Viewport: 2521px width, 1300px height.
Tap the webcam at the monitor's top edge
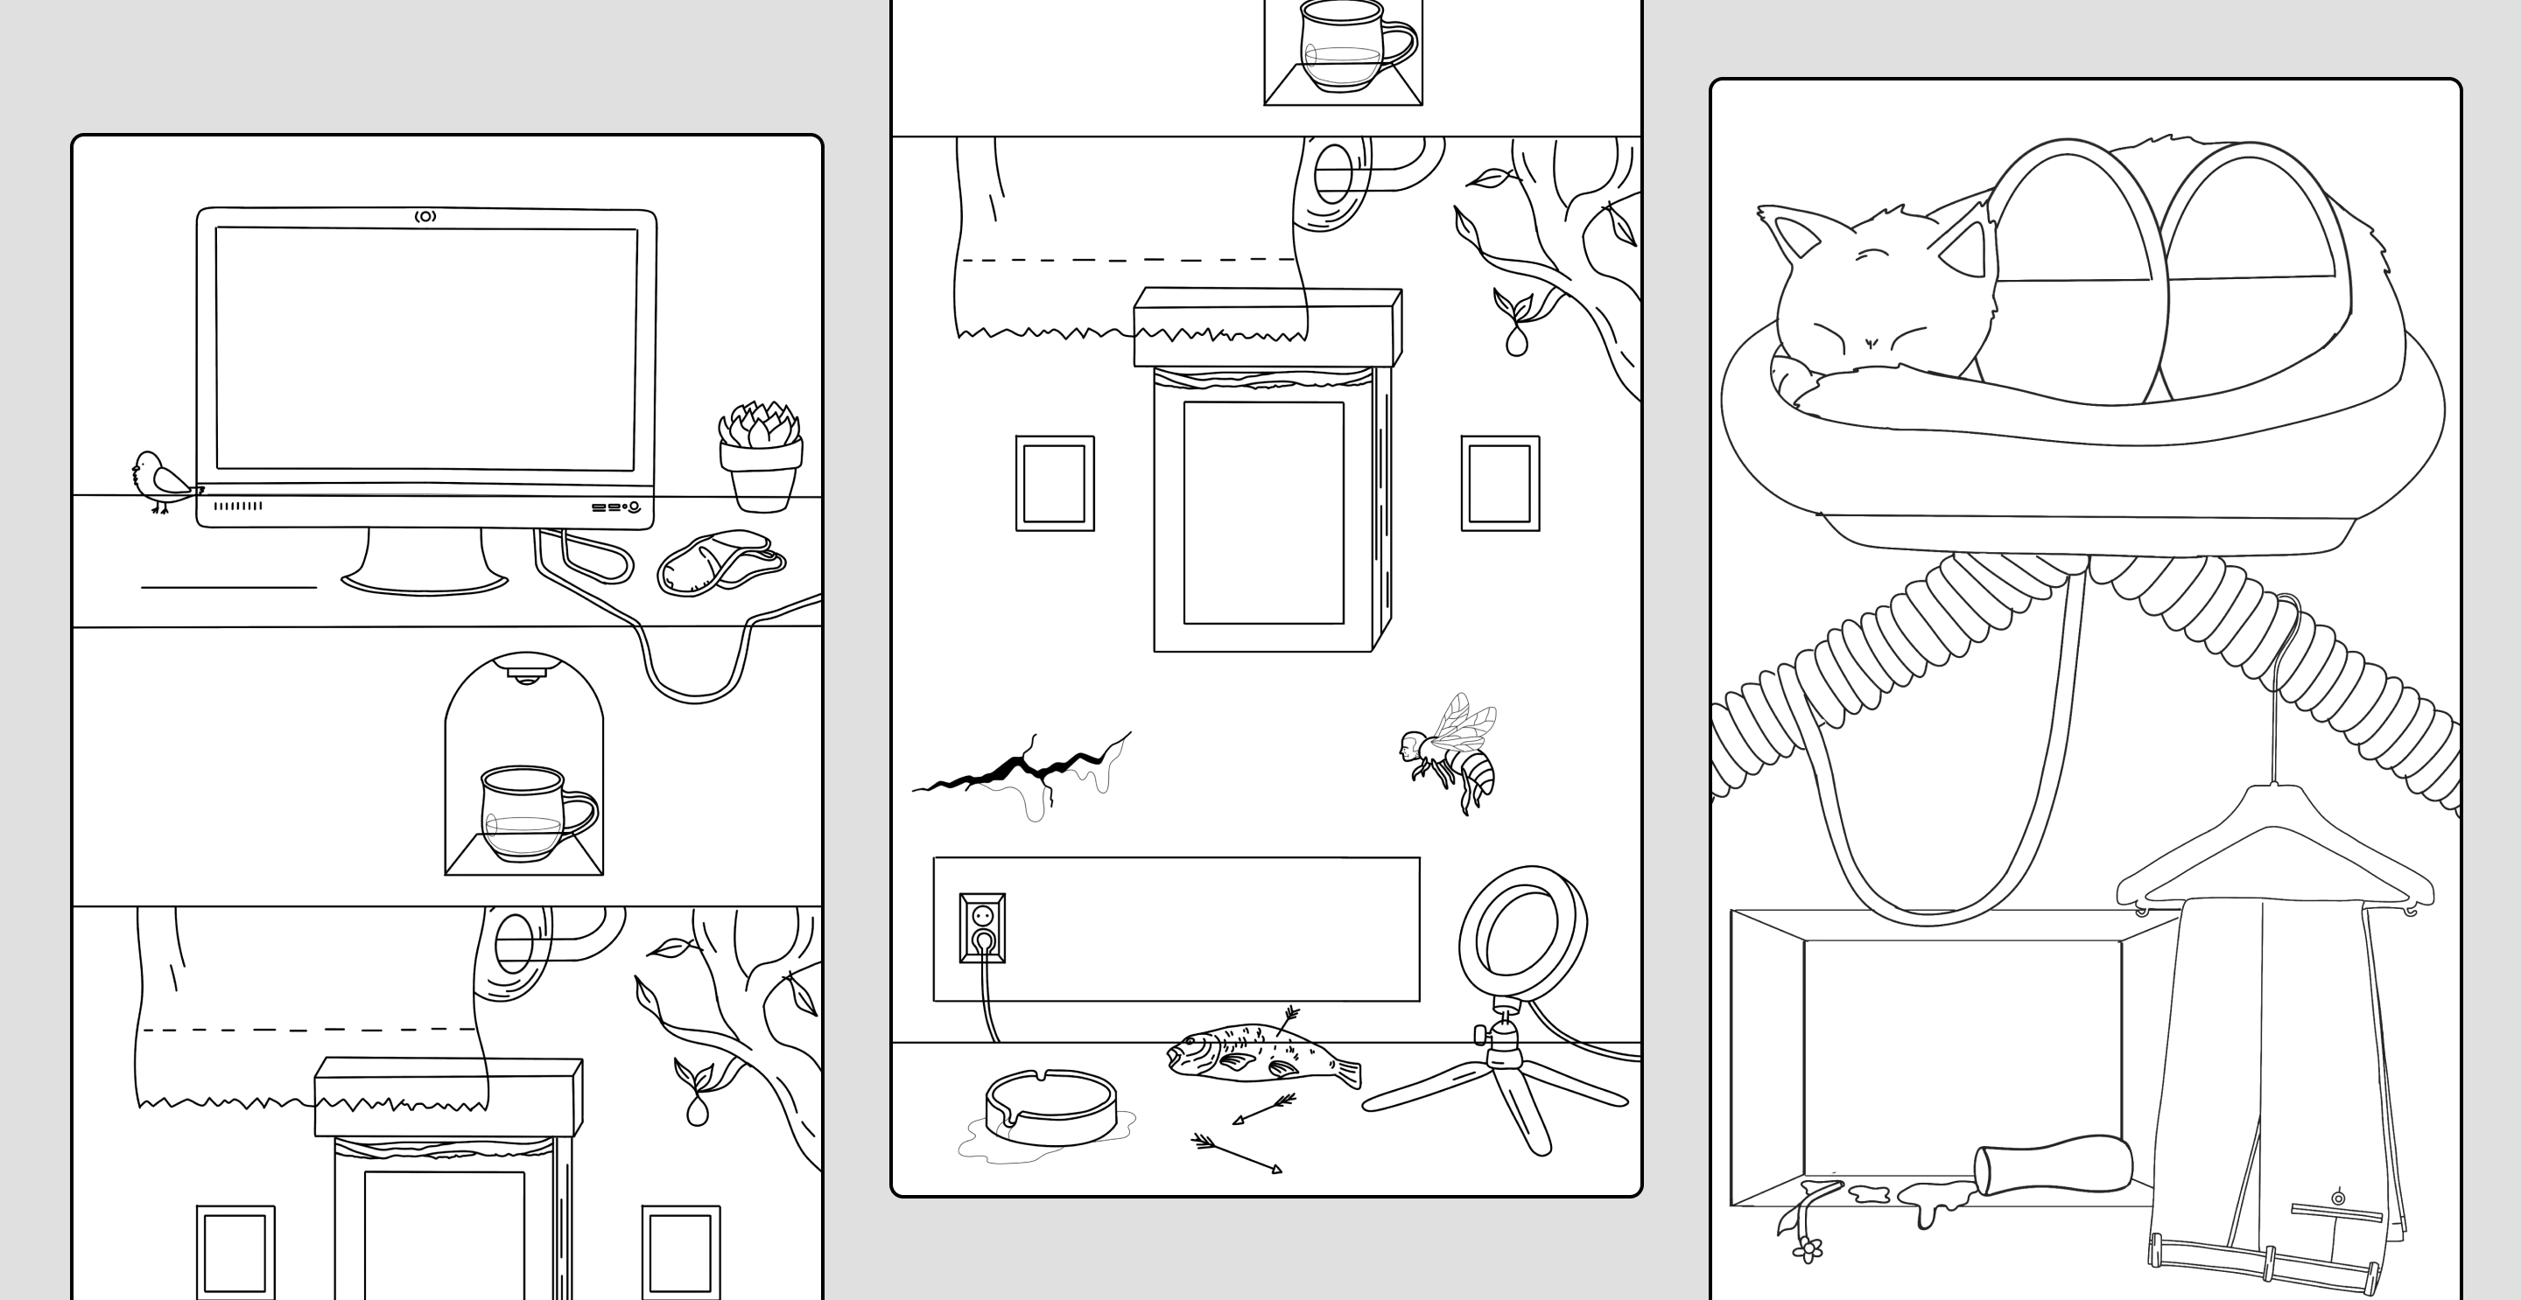(425, 216)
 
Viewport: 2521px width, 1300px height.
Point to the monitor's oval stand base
(424, 584)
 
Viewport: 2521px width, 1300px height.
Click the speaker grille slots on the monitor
(238, 506)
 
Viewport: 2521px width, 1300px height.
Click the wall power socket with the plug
(981, 927)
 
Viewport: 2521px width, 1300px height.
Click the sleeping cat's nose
(1871, 343)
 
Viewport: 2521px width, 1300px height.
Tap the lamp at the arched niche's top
(524, 672)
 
